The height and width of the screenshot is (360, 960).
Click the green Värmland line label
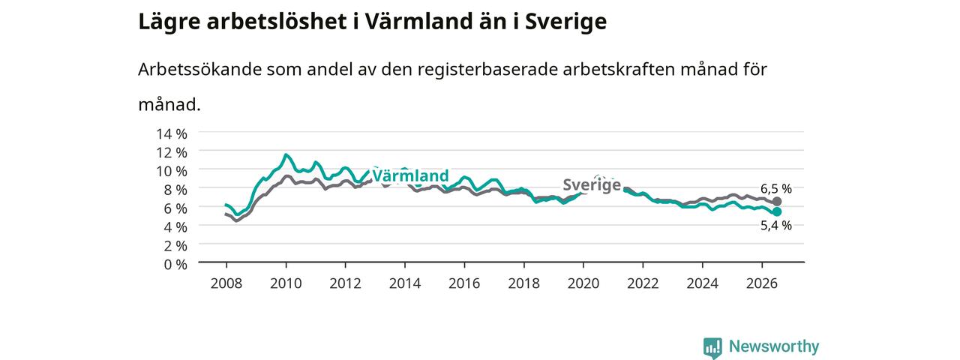410,175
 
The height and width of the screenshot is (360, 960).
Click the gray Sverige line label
592,184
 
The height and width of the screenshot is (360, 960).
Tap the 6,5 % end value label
776,188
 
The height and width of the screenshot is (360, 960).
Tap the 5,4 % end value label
776,226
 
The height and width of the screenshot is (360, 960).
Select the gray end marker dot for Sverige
776,202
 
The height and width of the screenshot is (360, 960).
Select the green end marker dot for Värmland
776,211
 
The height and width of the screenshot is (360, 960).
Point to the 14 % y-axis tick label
172,134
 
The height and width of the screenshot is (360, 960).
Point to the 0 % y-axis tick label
175,265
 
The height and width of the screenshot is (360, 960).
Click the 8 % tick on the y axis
175,190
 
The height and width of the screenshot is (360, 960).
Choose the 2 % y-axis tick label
175,246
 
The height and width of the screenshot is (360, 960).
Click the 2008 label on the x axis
226,283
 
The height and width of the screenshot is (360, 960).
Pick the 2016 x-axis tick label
464,283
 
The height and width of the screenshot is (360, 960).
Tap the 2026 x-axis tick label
761,283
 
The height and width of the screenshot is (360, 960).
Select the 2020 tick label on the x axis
583,283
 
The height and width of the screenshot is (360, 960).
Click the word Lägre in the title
169,22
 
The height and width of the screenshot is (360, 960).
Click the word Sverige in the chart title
565,22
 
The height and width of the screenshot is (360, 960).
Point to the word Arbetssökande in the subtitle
199,70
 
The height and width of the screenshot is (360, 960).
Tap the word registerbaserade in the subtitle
487,70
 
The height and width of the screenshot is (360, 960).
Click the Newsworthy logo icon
712,347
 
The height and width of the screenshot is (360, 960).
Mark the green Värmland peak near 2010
286,154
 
